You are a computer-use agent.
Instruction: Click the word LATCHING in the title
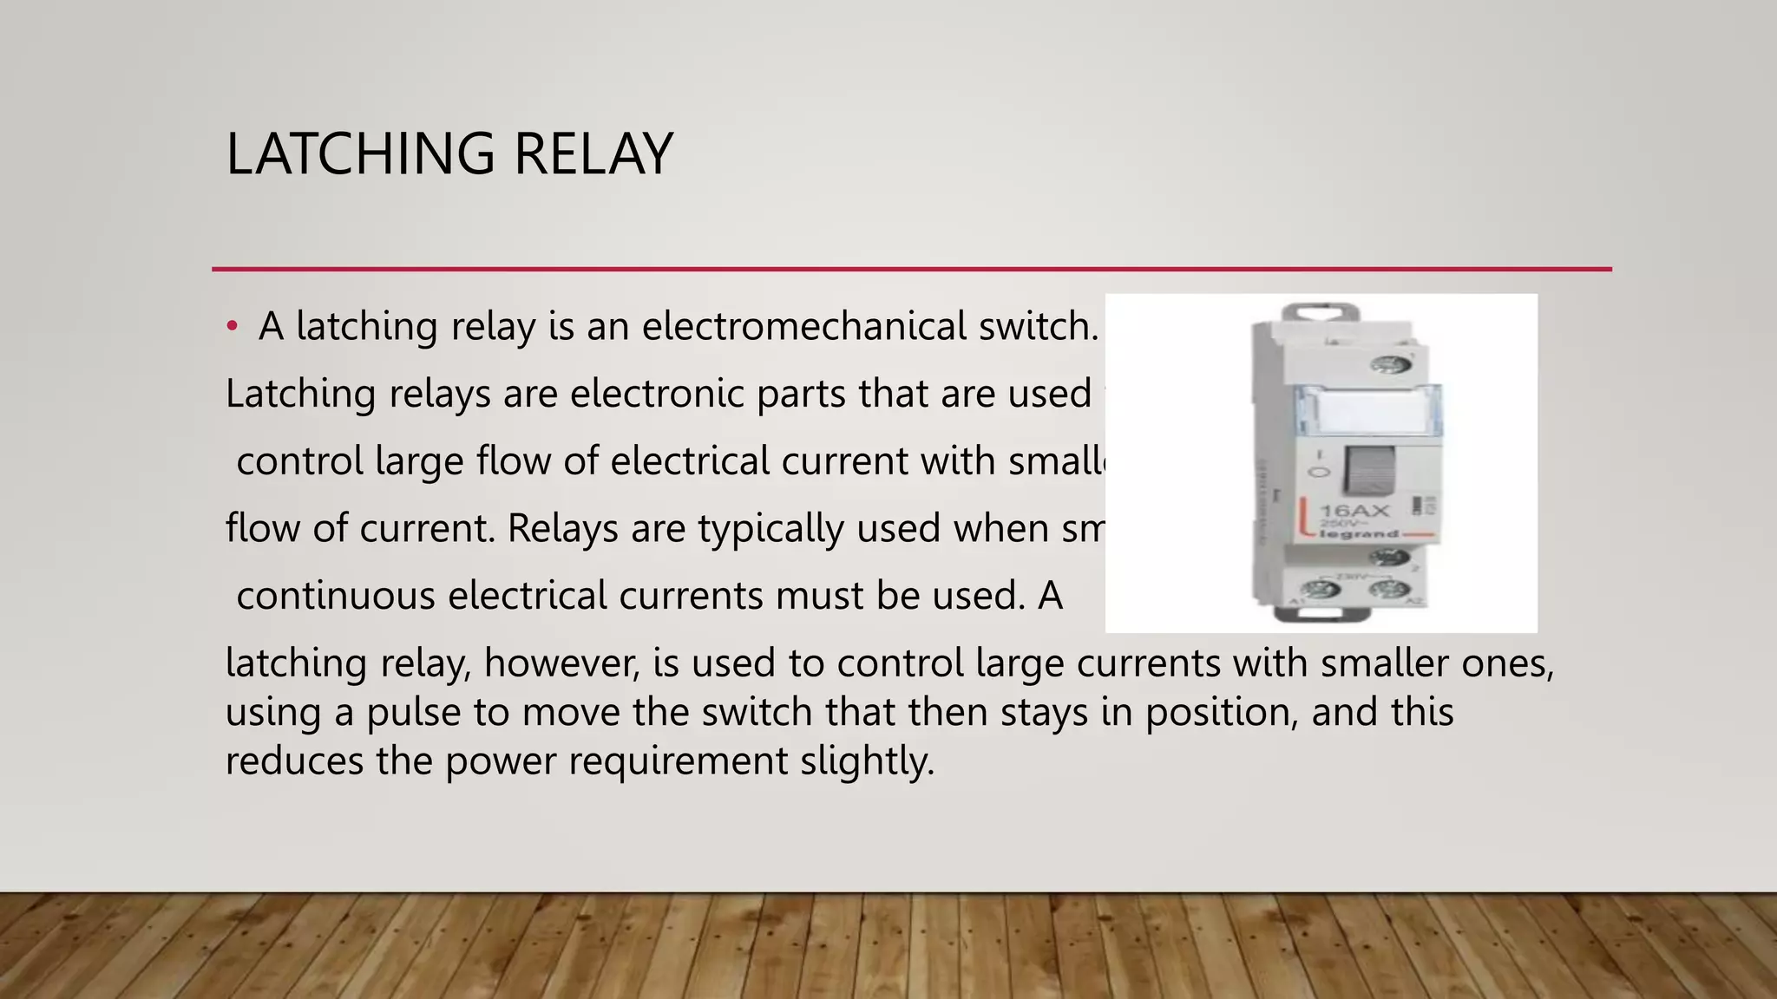click(360, 154)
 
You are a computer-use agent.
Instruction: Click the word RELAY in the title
click(593, 154)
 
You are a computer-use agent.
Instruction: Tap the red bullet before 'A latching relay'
click(232, 327)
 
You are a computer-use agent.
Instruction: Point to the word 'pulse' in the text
click(413, 713)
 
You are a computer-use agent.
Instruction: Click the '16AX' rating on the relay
click(1354, 512)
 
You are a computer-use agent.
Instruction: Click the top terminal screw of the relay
click(1390, 365)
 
